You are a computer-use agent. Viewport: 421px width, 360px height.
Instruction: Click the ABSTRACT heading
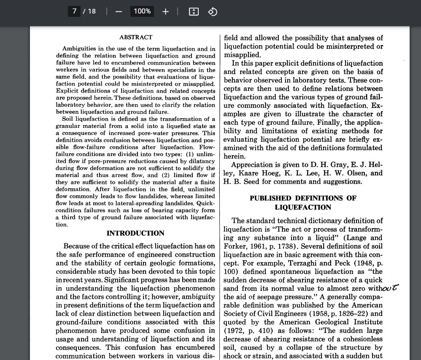pos(136,38)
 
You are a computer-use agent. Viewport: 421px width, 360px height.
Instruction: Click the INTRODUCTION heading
pos(135,233)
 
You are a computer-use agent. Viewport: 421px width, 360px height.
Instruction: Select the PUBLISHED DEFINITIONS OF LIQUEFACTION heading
pos(303,202)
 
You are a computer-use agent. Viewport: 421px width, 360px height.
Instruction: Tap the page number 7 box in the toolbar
pos(74,11)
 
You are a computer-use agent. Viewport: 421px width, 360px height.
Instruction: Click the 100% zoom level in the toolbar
pos(142,11)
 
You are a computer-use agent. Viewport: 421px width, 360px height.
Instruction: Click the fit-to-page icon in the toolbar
pos(194,11)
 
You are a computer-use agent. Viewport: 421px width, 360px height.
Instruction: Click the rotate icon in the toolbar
pos(213,11)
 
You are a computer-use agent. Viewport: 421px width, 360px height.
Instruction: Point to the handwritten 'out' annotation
pos(389,288)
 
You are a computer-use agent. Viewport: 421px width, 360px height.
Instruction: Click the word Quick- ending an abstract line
pos(205,203)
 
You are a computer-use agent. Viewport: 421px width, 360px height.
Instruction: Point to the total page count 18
pos(92,11)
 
